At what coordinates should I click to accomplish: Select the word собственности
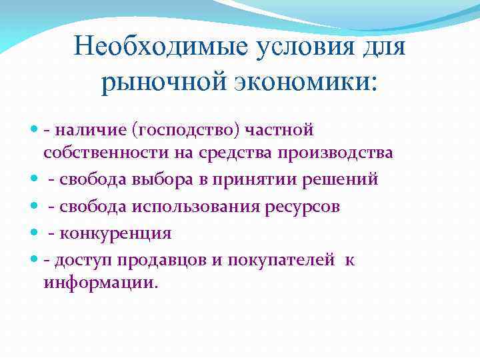97,153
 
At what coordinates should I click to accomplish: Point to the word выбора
154,180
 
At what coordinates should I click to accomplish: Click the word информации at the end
100,283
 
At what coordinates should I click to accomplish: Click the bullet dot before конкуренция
34,233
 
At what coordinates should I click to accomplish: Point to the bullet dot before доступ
34,260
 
